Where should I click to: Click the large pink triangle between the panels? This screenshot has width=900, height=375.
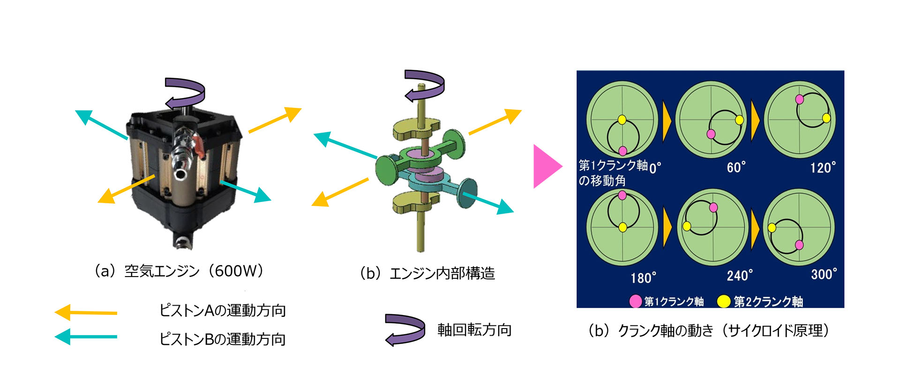[546, 166]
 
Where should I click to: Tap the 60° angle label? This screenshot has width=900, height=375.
[736, 167]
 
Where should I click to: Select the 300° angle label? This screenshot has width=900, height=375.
[824, 275]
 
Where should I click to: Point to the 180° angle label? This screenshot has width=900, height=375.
[643, 278]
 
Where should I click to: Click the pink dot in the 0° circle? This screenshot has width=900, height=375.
[622, 150]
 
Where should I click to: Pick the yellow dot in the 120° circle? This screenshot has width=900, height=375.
[826, 118]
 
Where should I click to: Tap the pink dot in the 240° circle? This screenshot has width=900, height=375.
[713, 208]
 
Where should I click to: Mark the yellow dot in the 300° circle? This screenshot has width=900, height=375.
[772, 228]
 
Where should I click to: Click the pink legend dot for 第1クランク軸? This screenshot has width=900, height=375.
[635, 301]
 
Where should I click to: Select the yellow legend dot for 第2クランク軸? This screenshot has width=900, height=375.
[724, 301]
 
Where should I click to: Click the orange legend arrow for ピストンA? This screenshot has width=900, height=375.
[86, 312]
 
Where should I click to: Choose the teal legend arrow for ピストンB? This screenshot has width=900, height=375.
[86, 337]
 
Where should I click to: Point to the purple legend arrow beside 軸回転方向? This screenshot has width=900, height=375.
[404, 330]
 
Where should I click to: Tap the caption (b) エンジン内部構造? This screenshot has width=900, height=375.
[427, 273]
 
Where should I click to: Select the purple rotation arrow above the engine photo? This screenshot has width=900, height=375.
[185, 93]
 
